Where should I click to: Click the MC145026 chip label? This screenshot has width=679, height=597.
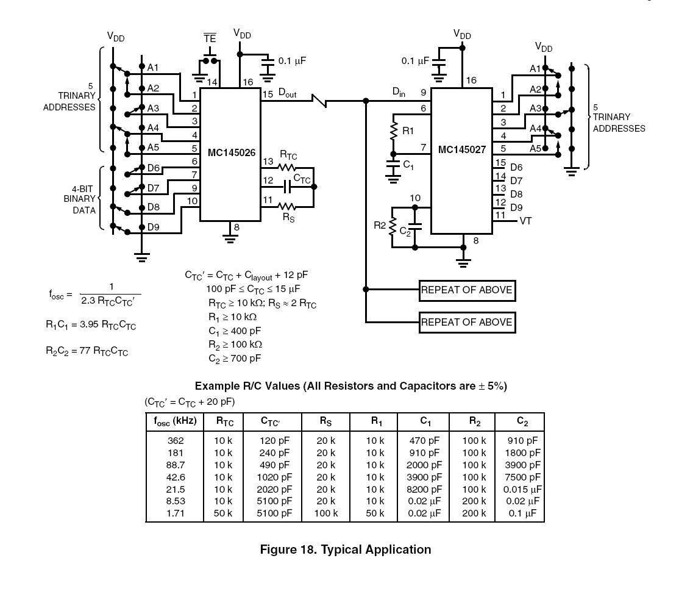click(231, 153)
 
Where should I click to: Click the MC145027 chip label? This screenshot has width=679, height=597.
click(461, 150)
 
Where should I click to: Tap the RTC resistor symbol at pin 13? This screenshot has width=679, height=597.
click(286, 167)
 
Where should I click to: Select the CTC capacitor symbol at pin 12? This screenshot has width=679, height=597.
click(286, 187)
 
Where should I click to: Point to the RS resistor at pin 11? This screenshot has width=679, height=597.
click(286, 207)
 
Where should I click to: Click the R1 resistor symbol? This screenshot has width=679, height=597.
click(394, 131)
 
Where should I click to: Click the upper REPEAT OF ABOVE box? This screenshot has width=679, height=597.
click(467, 290)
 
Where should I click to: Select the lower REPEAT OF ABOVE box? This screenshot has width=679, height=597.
click(467, 323)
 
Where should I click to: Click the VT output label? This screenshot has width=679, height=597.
click(525, 221)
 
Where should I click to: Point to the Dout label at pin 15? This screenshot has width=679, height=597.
click(288, 93)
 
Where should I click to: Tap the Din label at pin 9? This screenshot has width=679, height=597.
click(399, 92)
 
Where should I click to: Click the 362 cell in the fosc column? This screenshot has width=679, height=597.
click(176, 441)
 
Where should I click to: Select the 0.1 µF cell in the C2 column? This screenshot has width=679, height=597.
click(522, 513)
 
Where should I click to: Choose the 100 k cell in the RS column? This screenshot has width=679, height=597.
click(325, 513)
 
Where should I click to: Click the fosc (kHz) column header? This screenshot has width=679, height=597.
click(175, 421)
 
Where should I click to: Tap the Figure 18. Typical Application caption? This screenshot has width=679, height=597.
click(345, 550)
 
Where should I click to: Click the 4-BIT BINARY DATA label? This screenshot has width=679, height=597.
click(80, 199)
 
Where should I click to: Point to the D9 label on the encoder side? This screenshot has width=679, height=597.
click(154, 227)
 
